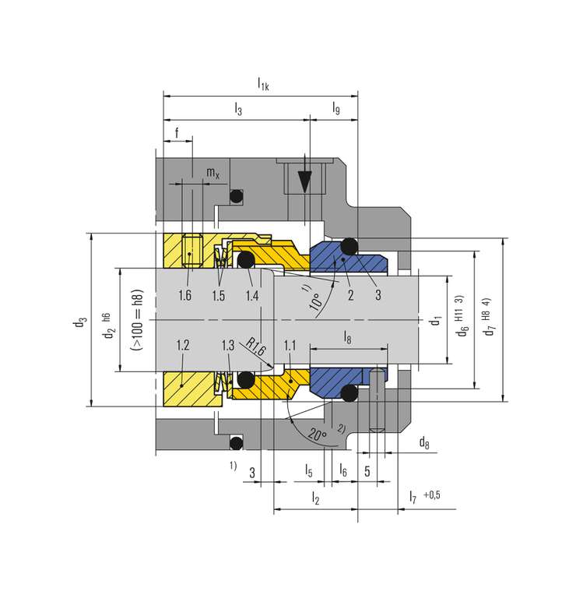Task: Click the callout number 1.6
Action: [185, 295]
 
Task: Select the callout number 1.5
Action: [219, 295]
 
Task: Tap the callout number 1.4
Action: [252, 295]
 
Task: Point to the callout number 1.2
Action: [183, 345]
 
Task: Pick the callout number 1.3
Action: [228, 345]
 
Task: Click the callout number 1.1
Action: [290, 345]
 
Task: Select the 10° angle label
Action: [316, 301]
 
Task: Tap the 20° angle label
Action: [318, 434]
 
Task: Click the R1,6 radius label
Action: [255, 346]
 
